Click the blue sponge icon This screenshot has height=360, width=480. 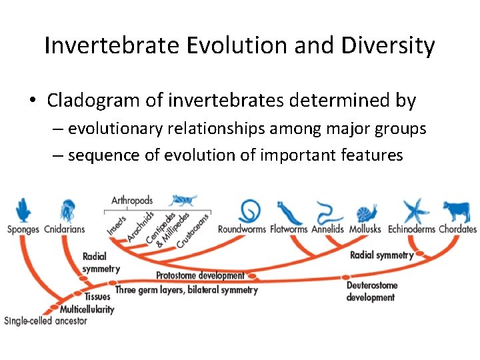(23, 210)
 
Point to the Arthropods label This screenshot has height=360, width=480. (131, 200)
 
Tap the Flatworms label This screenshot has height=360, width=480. (289, 229)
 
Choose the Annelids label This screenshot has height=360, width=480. (327, 229)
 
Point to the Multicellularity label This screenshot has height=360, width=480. (87, 309)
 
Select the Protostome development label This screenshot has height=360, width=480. (200, 275)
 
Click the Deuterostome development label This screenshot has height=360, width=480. (371, 291)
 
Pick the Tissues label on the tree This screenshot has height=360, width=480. (97, 296)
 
